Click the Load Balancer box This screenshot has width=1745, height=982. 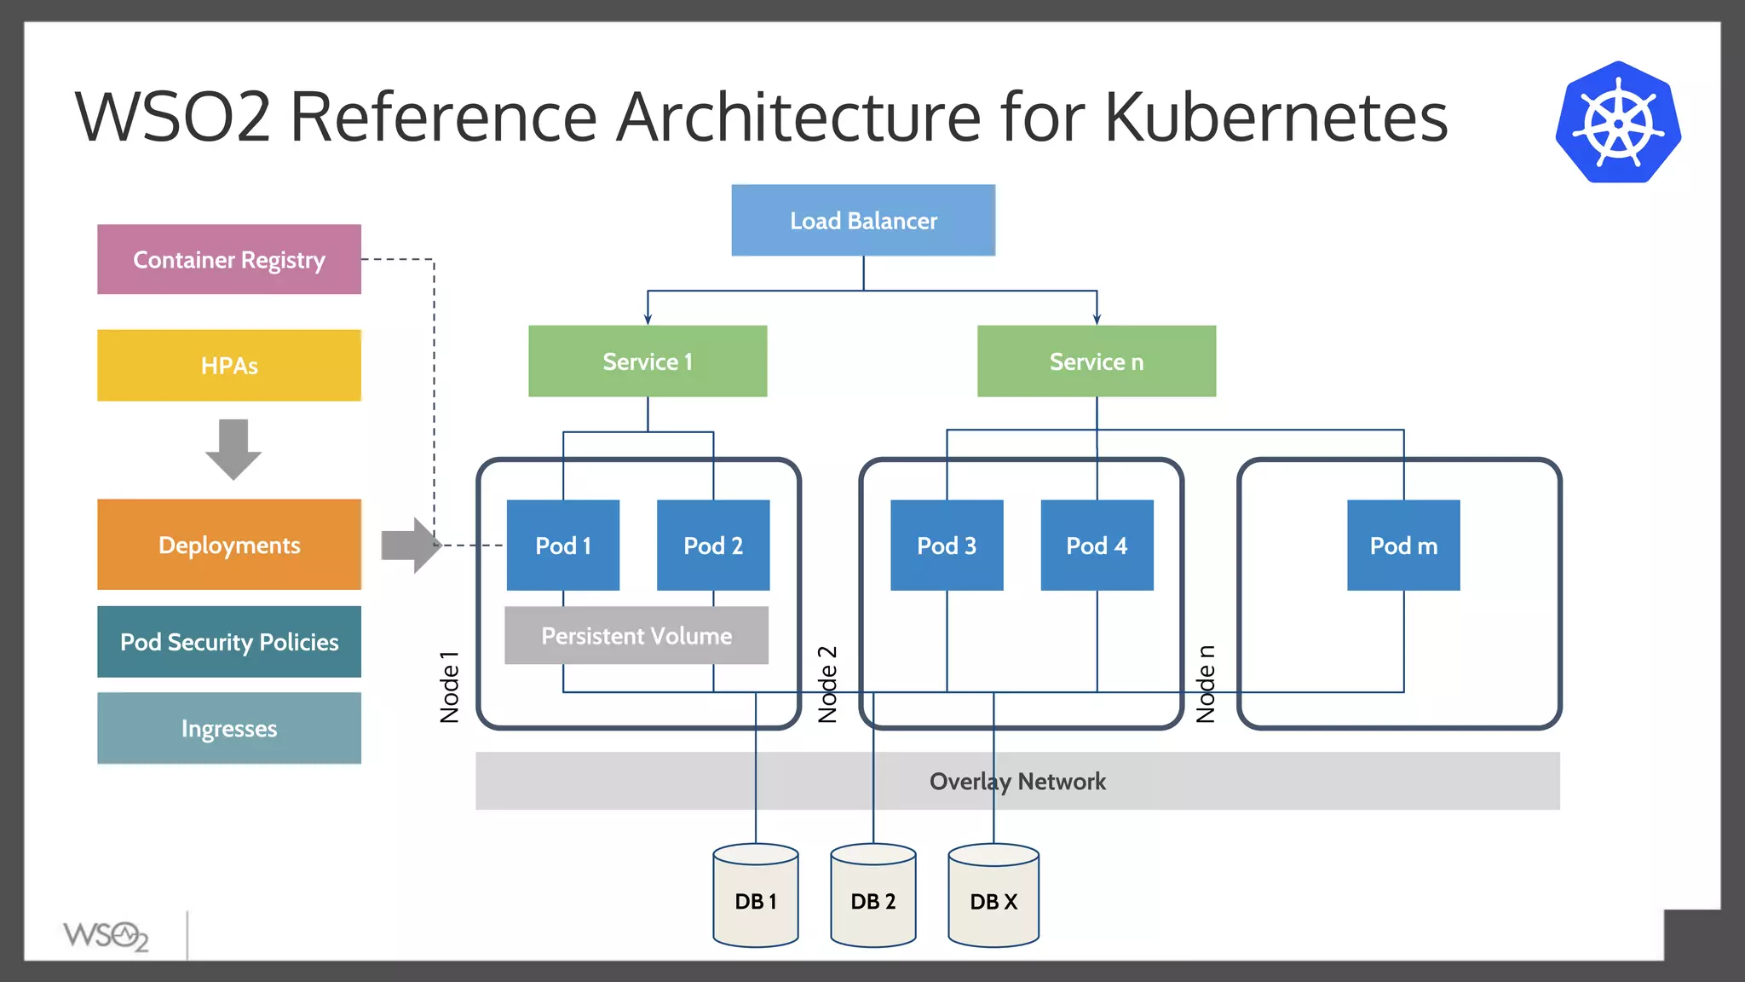(862, 220)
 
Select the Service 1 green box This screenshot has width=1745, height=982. (647, 361)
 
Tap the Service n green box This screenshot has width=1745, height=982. (1096, 361)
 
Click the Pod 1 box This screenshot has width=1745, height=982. (562, 546)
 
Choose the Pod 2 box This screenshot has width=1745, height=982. (712, 546)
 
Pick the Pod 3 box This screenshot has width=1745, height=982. (946, 546)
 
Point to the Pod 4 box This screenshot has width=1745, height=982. (1097, 546)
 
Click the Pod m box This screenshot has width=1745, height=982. (1402, 546)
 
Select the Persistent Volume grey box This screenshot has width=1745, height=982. (636, 636)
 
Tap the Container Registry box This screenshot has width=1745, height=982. (228, 259)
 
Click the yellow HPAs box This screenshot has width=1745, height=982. (228, 366)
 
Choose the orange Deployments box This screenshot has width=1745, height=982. (228, 545)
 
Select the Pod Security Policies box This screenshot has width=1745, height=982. (228, 642)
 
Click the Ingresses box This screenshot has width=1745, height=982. (228, 729)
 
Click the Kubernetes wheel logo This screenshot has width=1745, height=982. (1617, 123)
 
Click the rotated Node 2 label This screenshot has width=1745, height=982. (827, 685)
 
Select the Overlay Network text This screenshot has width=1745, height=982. (1017, 782)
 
